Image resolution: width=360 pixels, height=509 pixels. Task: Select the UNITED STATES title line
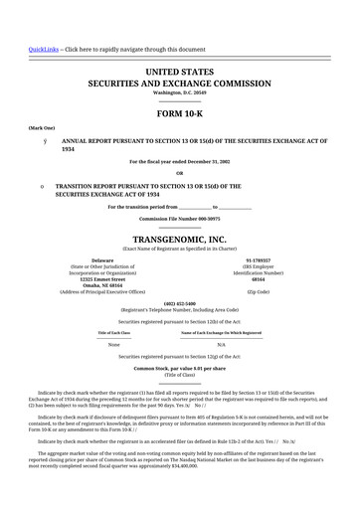coord(180,73)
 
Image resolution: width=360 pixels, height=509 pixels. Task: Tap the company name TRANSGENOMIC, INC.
coord(180,240)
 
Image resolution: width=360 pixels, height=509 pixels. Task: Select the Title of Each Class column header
coord(113,331)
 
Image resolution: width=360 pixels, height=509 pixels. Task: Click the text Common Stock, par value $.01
coord(180,368)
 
